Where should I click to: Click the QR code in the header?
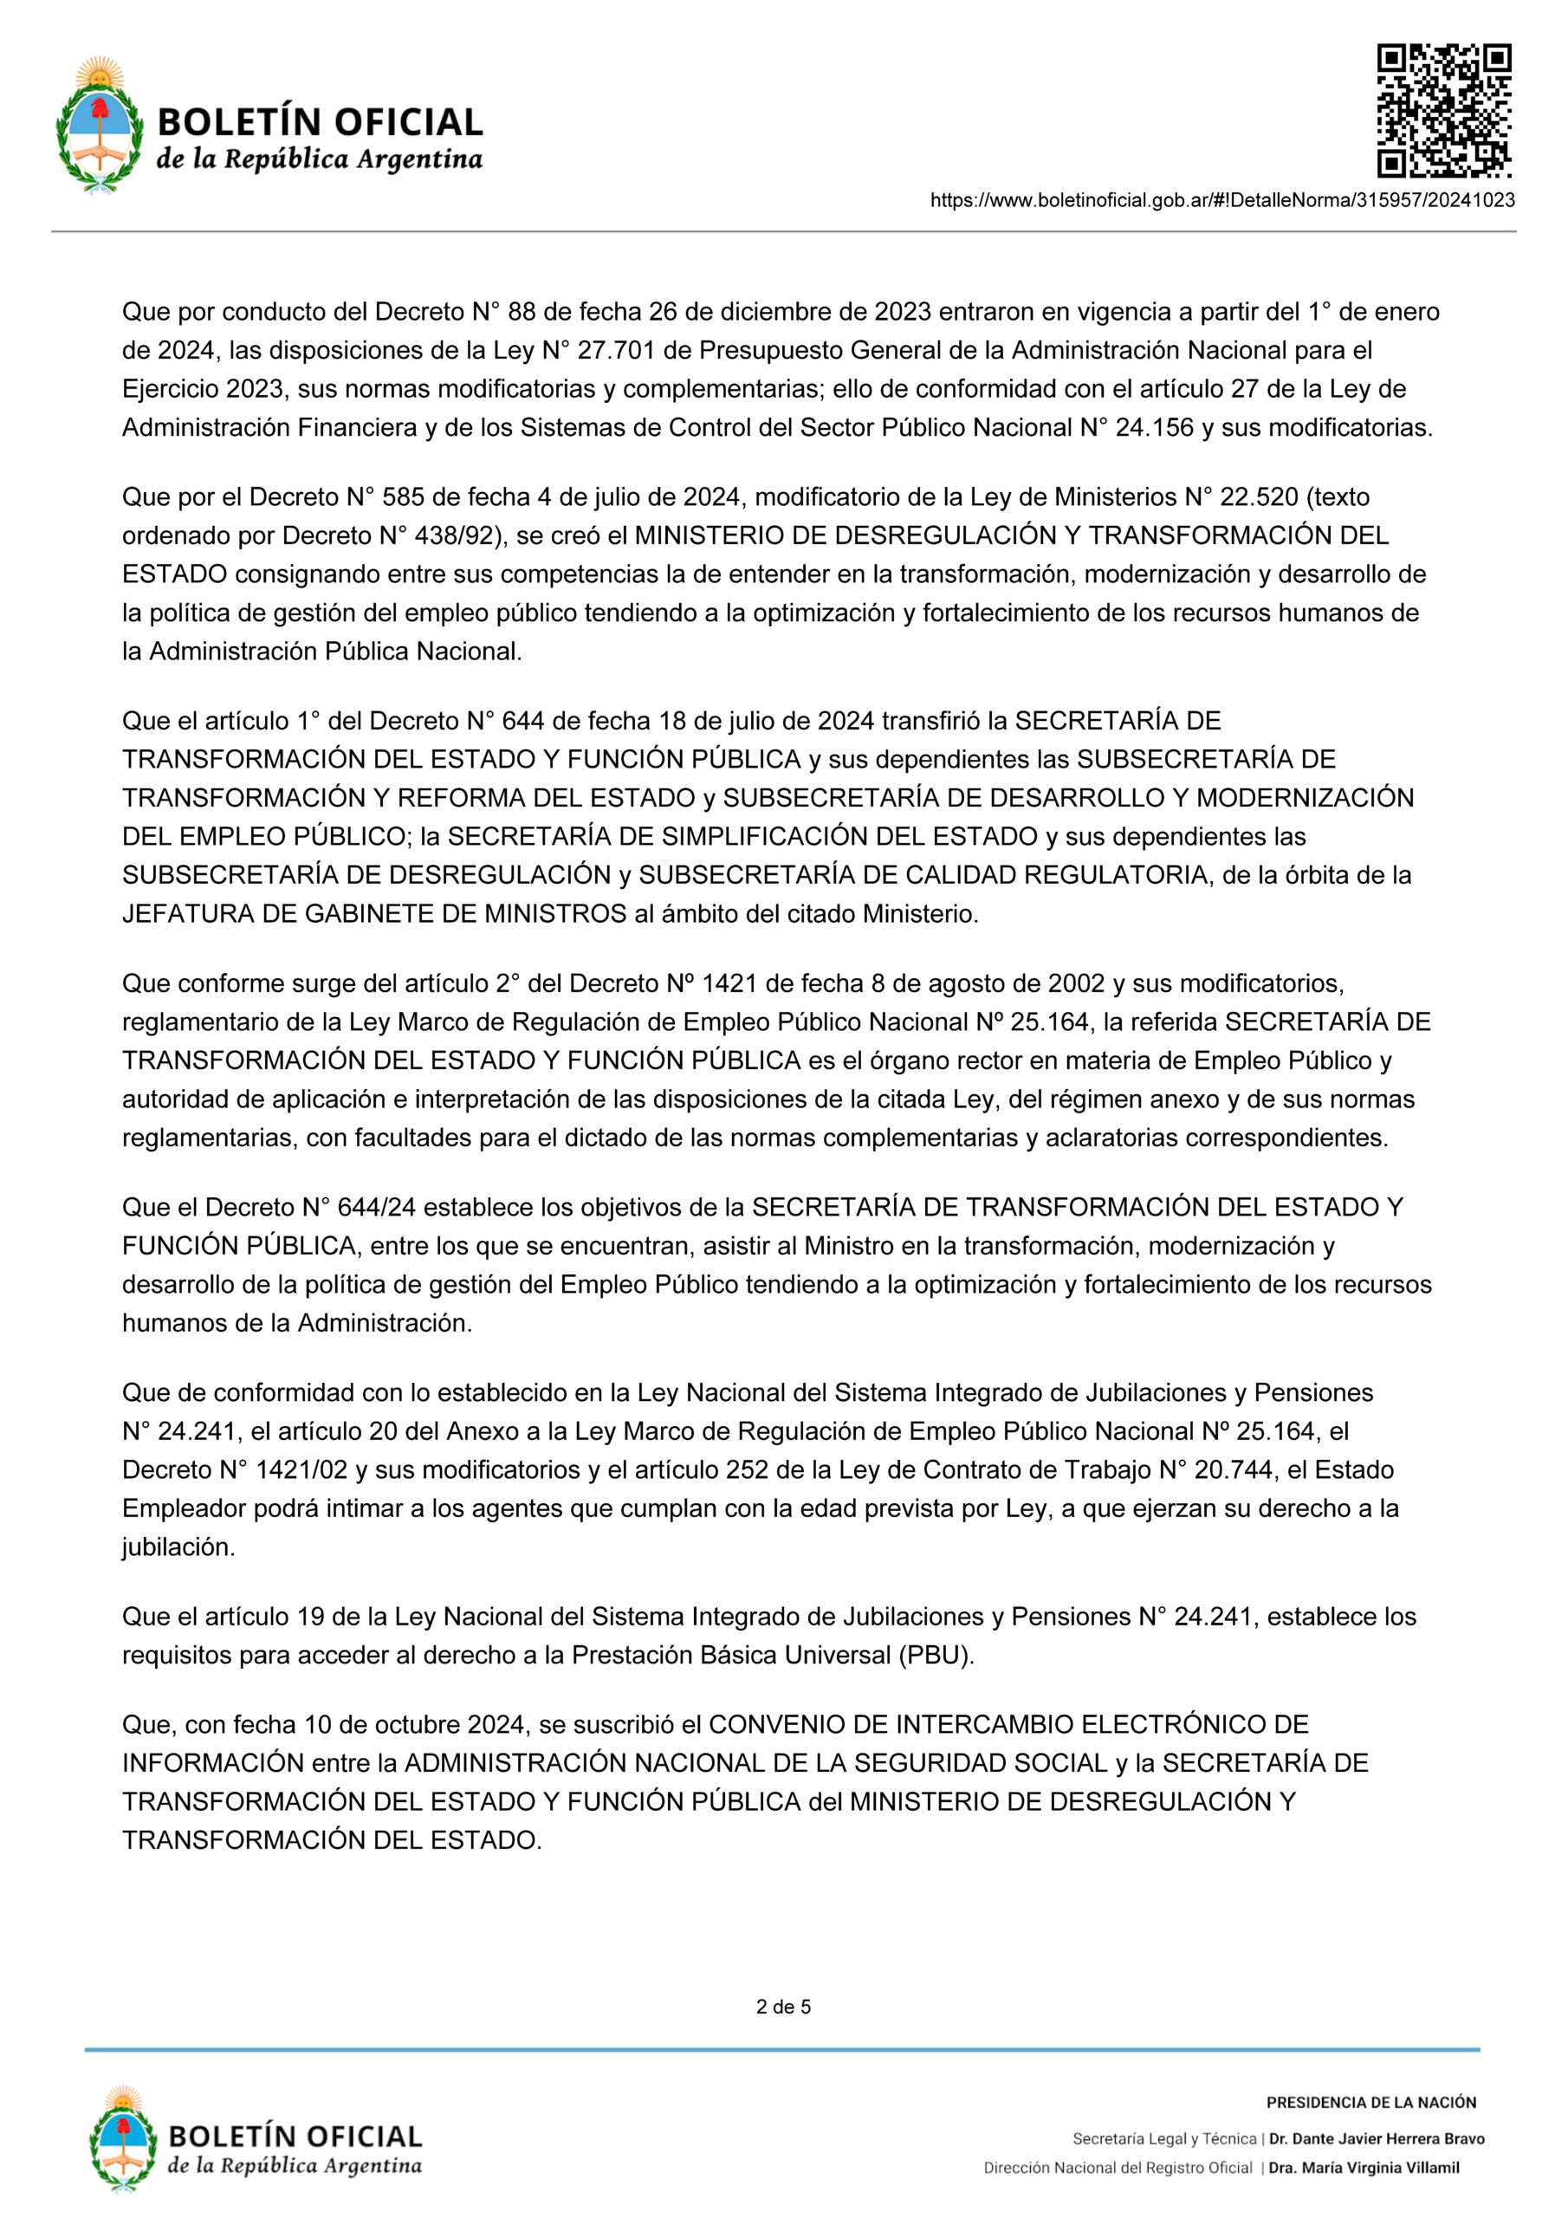(x=1443, y=110)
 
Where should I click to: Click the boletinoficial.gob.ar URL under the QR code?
(x=1221, y=201)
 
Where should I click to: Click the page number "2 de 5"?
(x=783, y=2007)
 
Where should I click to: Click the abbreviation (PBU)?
(x=936, y=1656)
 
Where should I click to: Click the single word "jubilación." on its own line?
(x=178, y=1547)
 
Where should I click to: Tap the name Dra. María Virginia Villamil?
(x=1364, y=2168)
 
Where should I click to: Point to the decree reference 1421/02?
(x=301, y=1470)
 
